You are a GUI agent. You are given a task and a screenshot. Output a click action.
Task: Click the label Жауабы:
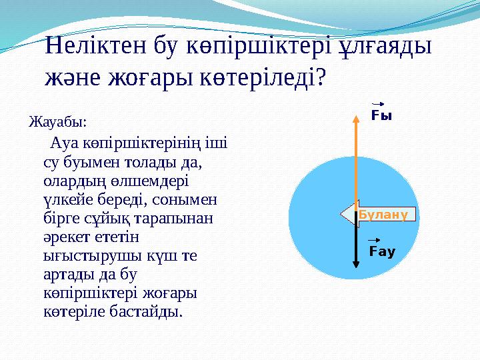(58, 123)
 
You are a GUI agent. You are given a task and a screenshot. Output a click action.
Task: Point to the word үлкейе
(65, 199)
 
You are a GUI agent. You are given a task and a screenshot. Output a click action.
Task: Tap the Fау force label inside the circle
(382, 252)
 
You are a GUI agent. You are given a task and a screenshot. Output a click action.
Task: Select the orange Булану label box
(386, 214)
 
